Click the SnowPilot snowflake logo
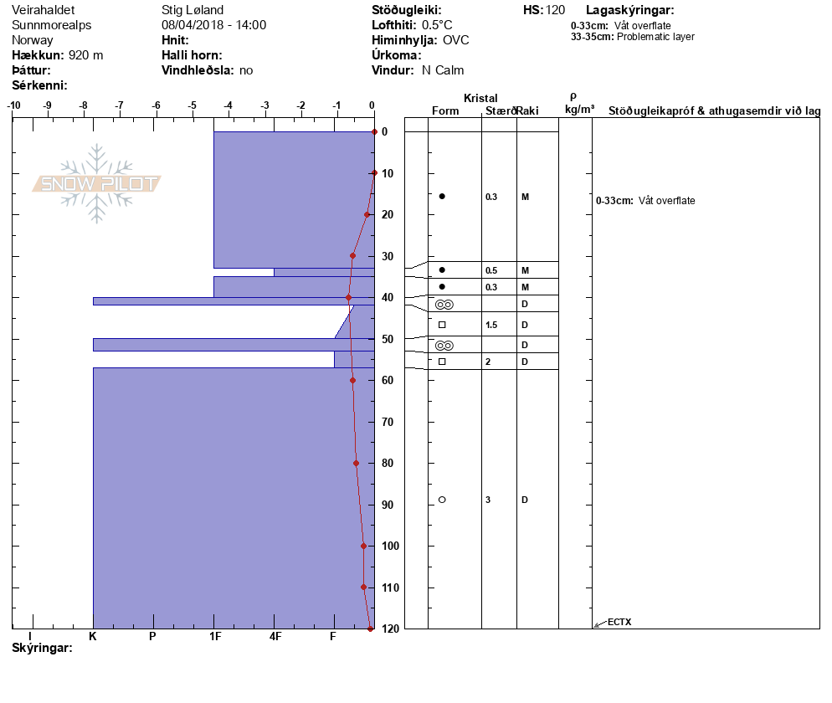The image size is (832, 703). pos(96,183)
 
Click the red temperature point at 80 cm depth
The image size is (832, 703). pos(356,463)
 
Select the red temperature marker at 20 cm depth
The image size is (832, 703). pos(367,215)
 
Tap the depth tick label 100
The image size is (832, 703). pos(390,546)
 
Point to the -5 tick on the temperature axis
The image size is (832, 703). pos(192,105)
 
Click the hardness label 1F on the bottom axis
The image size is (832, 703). pos(215,636)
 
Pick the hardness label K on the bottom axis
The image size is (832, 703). pos(93,636)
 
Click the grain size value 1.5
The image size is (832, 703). pos(491,325)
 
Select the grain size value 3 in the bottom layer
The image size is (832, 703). pos(488,500)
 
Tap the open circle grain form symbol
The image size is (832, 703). pos(442,500)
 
